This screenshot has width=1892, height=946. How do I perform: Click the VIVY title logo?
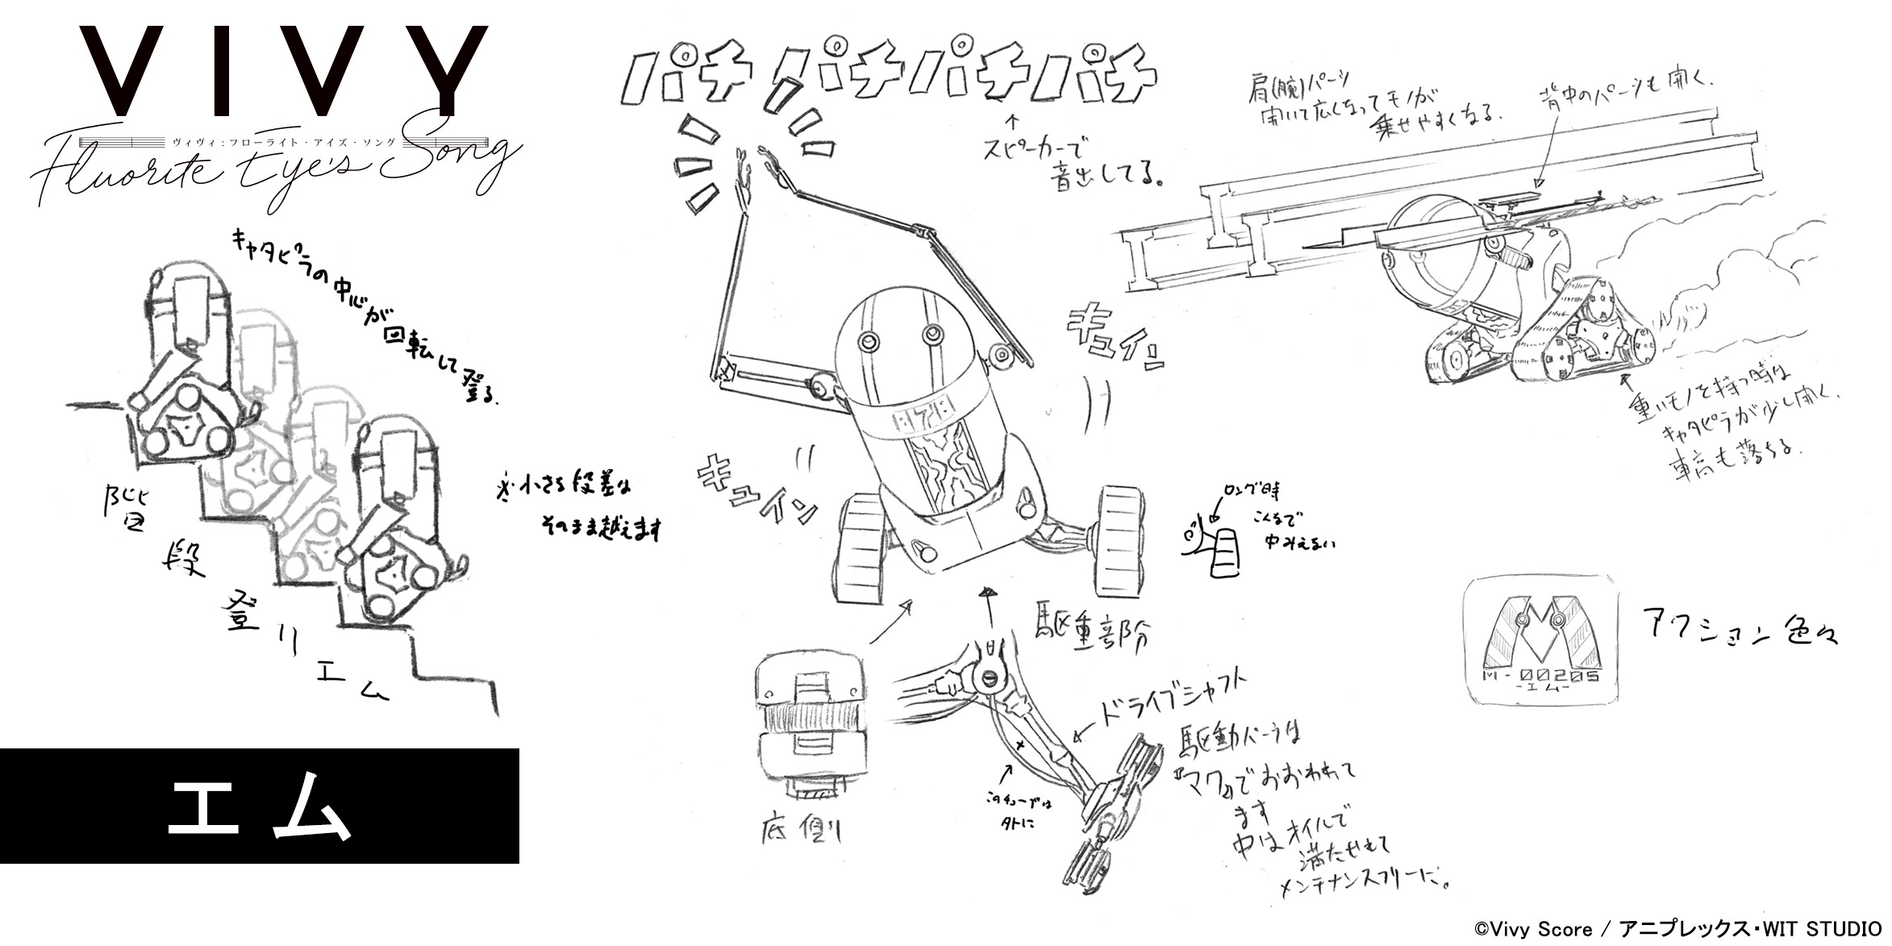coord(282,73)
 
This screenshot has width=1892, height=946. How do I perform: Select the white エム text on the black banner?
coord(260,806)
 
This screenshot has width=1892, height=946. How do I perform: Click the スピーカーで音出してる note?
coord(1073,161)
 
